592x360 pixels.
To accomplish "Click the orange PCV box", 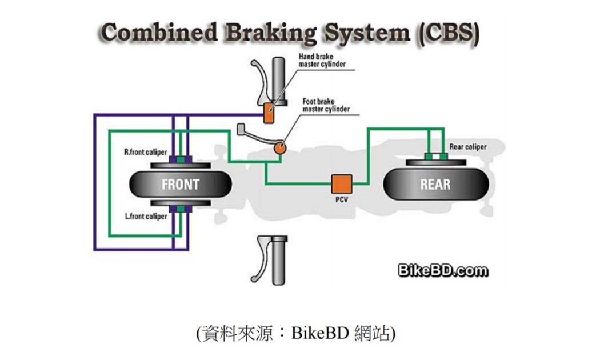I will pos(342,184).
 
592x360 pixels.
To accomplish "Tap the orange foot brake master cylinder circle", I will pos(281,147).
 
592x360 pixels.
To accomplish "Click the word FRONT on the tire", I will pos(180,184).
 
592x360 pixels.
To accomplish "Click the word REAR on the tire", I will pos(435,184).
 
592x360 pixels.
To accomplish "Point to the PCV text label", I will pos(342,201).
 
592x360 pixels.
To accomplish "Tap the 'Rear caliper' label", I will pos(468,147).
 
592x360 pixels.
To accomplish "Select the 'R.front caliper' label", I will pos(146,153).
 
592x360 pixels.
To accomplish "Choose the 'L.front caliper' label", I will pos(146,217).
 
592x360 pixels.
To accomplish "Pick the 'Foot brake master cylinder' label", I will pos(326,105).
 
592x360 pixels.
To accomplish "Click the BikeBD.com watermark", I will pos(443,271).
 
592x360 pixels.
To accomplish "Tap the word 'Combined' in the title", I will pos(160,34).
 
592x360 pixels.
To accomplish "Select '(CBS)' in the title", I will pos(450,34).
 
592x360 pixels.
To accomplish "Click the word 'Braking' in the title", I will pos(270,34).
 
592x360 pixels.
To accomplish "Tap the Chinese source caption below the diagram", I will pos(295,333).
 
